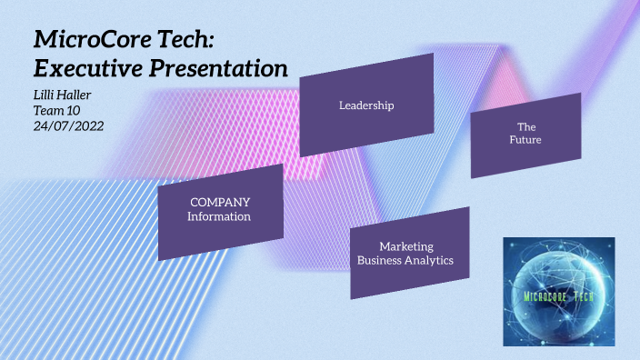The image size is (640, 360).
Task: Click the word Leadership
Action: (365, 105)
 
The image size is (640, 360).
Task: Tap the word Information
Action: (219, 217)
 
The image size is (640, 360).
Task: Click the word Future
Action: (525, 140)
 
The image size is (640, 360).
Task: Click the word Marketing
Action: (405, 246)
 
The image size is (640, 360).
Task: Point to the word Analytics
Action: (430, 261)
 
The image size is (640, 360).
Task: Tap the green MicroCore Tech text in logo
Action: (558, 295)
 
